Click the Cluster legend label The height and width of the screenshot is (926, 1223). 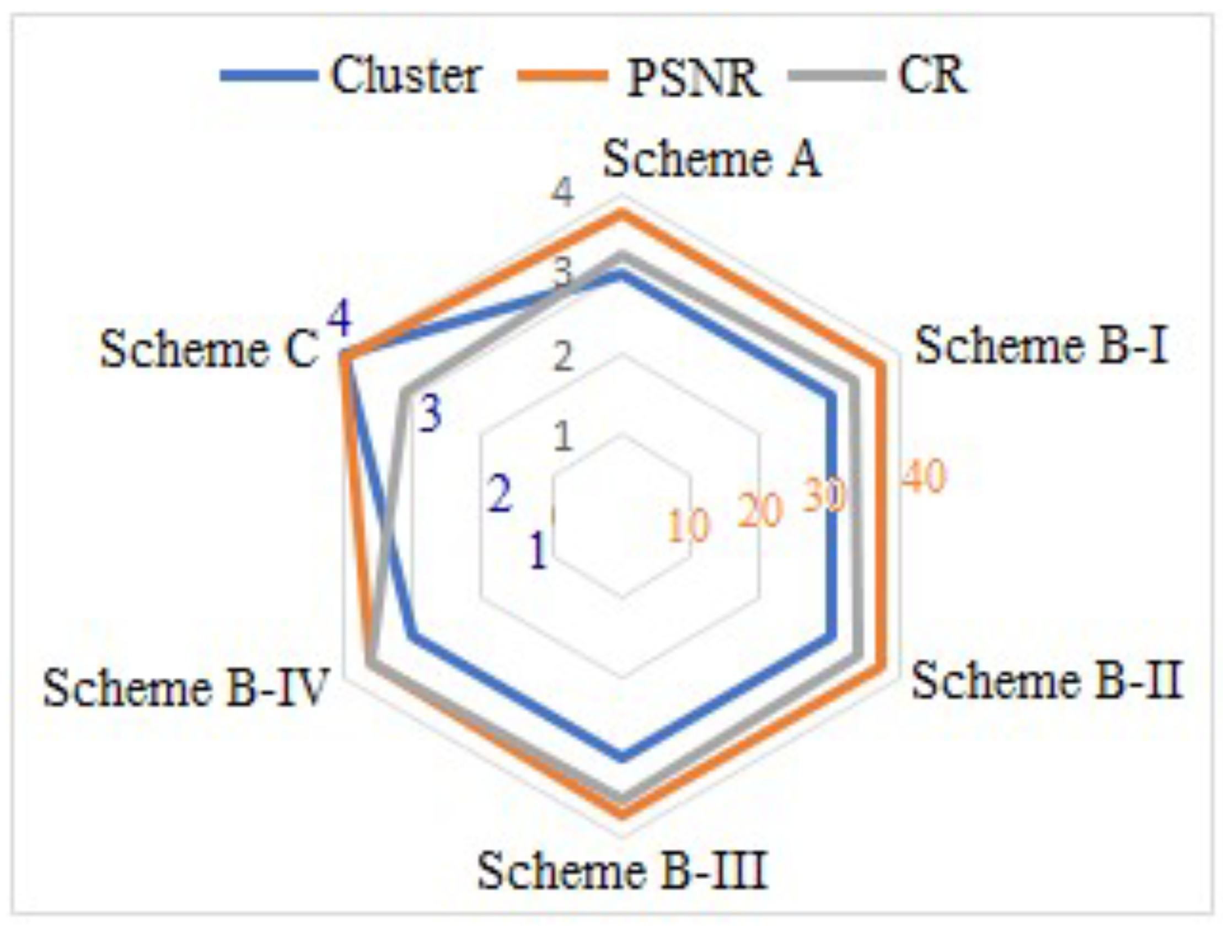tap(406, 76)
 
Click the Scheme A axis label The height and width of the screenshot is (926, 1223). tap(711, 159)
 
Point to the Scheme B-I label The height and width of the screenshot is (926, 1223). tap(1042, 346)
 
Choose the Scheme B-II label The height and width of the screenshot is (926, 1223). tap(1047, 681)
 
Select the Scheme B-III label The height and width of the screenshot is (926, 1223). tap(622, 870)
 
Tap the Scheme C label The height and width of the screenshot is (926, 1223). tap(209, 350)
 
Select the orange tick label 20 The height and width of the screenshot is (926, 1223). tap(760, 510)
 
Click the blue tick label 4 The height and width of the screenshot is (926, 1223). tap(340, 320)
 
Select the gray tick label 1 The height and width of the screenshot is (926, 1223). tap(564, 437)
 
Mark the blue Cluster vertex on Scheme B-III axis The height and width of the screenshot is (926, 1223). tap(623, 757)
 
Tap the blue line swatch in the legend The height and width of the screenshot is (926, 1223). tap(269, 76)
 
